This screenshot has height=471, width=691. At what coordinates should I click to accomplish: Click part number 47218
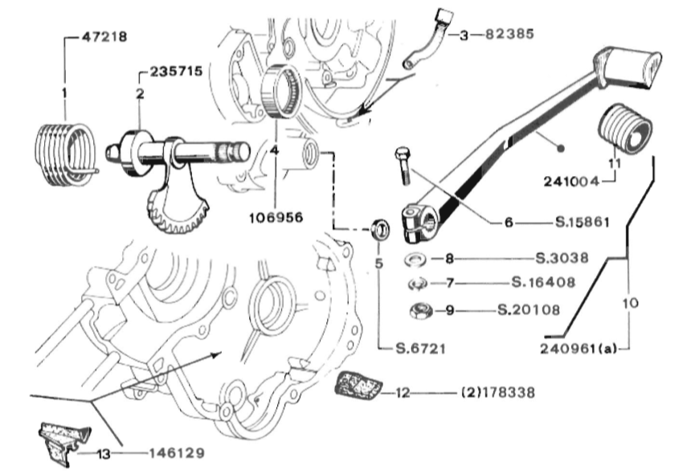click(104, 37)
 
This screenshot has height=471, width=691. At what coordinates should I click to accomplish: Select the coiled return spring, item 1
click(65, 155)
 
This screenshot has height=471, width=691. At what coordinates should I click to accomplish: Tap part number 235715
click(176, 72)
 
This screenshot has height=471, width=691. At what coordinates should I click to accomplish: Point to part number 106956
click(276, 218)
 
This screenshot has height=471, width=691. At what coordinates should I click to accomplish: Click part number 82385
click(509, 34)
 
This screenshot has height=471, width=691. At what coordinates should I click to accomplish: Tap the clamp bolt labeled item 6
click(403, 166)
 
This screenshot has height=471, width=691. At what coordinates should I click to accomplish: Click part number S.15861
click(582, 222)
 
